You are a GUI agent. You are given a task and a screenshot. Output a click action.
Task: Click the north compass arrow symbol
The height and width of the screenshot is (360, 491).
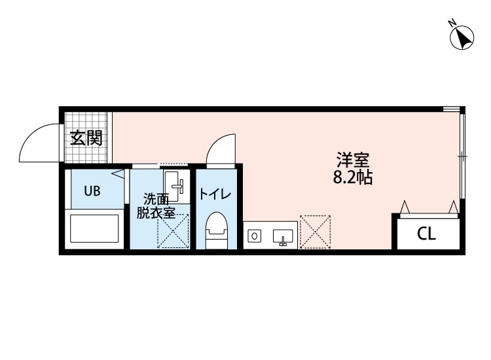pyautogui.click(x=463, y=38)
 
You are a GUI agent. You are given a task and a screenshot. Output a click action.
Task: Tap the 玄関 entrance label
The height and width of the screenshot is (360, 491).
pyautogui.click(x=86, y=137)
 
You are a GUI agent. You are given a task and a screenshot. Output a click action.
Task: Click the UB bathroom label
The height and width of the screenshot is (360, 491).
pyautogui.click(x=92, y=191)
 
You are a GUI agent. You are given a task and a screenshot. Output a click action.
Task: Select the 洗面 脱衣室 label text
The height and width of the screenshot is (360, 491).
pyautogui.click(x=156, y=206)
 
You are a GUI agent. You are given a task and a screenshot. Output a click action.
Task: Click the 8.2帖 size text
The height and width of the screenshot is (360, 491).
pyautogui.click(x=353, y=177)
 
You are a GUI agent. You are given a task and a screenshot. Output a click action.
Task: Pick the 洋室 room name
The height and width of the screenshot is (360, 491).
pyautogui.click(x=354, y=160)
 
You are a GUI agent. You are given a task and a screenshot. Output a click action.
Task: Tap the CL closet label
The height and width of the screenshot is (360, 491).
pyautogui.click(x=426, y=234)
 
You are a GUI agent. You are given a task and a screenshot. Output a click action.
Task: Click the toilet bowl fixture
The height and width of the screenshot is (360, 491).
pyautogui.click(x=216, y=231)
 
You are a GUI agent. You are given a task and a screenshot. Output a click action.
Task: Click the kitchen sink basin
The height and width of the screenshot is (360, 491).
pyautogui.click(x=282, y=235)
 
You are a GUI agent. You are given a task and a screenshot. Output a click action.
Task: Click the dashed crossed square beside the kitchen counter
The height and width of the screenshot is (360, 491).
pyautogui.click(x=315, y=232)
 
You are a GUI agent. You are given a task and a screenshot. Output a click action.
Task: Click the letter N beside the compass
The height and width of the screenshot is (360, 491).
pyautogui.click(x=452, y=23)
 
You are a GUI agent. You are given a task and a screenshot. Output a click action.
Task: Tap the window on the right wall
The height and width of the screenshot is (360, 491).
pyautogui.click(x=462, y=156)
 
